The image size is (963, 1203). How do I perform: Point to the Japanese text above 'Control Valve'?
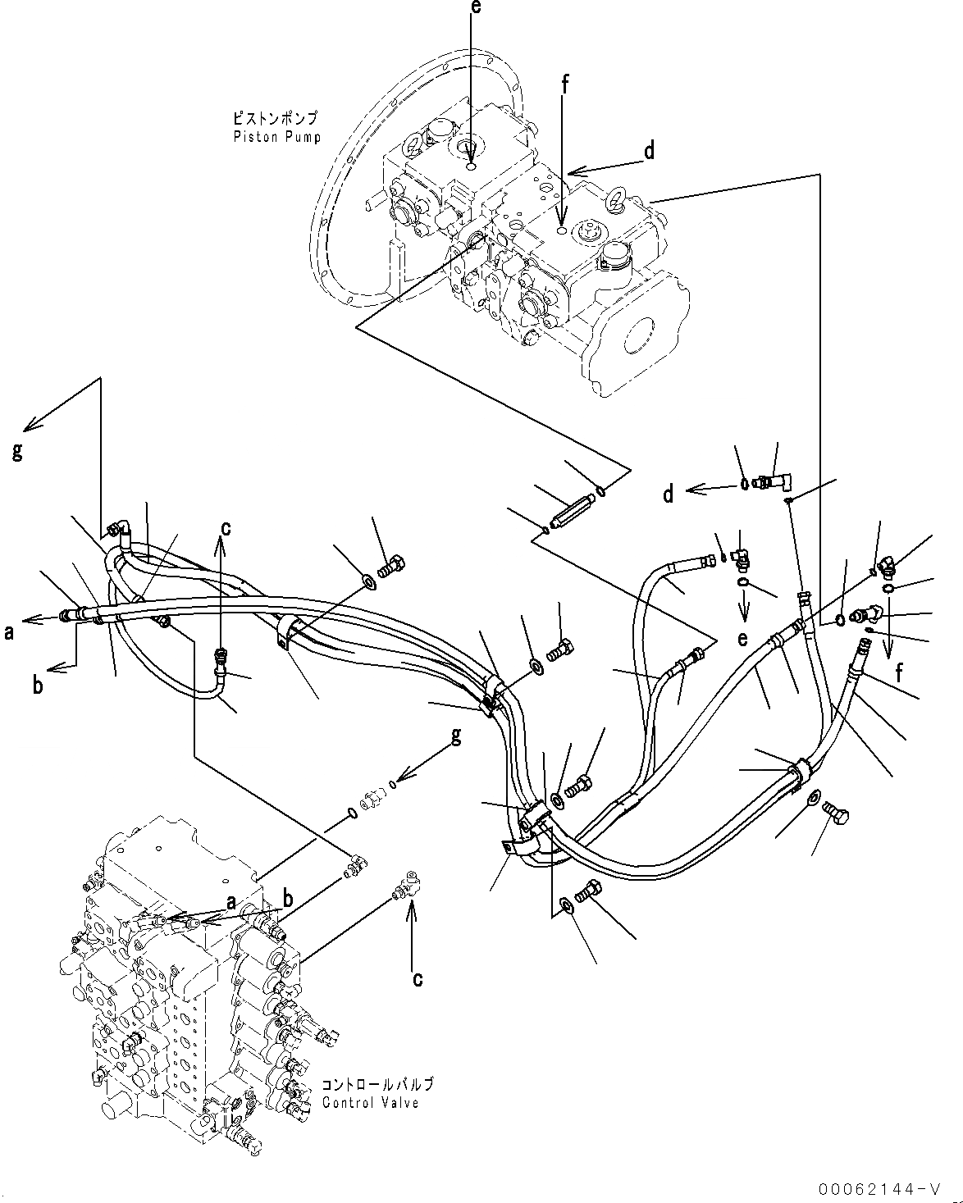(x=377, y=1084)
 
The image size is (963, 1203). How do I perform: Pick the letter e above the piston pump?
(x=472, y=8)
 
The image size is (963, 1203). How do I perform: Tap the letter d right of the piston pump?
(x=648, y=151)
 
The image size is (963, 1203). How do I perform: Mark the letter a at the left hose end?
(x=10, y=631)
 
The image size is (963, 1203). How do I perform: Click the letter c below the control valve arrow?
(x=417, y=977)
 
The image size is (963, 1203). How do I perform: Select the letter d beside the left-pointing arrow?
(x=669, y=494)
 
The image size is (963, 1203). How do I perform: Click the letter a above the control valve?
(x=232, y=902)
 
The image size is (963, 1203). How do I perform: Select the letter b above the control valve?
(x=288, y=900)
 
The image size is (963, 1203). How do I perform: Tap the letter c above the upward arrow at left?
(x=225, y=528)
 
